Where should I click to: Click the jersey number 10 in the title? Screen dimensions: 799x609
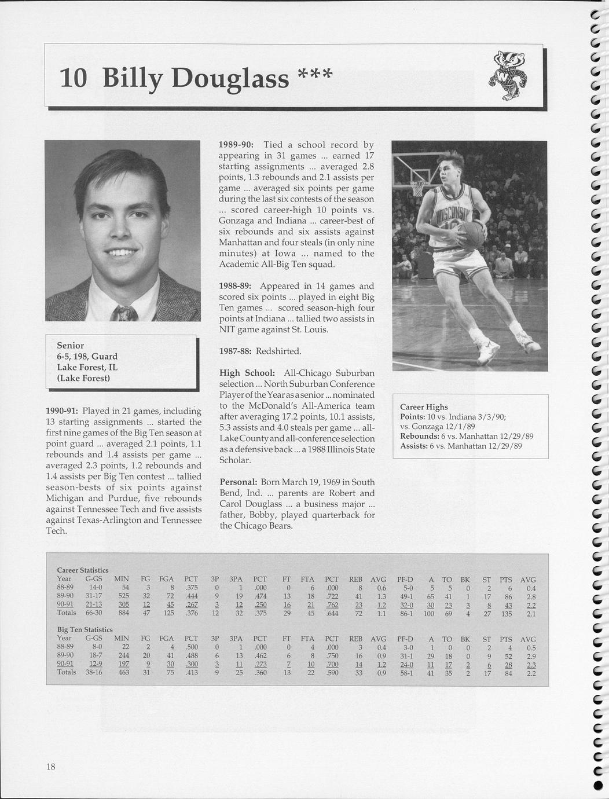point(74,78)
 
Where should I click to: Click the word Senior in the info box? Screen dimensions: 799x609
point(71,346)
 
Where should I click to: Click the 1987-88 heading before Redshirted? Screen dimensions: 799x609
point(234,351)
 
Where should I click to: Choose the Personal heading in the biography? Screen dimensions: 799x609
point(238,482)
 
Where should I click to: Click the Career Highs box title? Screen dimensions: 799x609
point(424,407)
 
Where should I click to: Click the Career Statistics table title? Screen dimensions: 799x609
point(83,570)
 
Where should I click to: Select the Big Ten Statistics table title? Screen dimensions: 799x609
point(85,629)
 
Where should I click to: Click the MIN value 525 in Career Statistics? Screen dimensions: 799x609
point(122,596)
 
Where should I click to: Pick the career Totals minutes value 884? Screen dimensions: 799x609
point(122,613)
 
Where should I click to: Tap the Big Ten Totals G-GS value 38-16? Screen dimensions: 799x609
point(94,673)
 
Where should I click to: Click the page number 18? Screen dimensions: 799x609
point(51,767)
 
